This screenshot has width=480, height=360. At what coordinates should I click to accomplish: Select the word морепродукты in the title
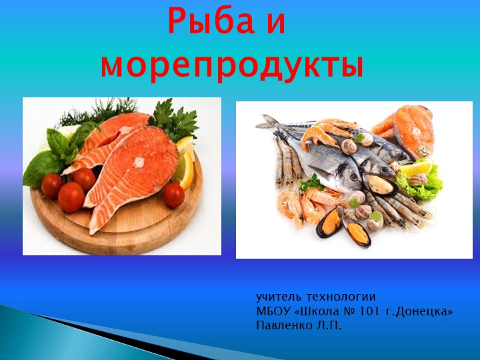pos(232,65)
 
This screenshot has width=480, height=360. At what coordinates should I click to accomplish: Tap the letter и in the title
pos(276,23)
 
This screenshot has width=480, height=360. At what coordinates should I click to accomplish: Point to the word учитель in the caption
pos(275,297)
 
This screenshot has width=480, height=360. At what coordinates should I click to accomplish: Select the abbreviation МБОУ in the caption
pos(271,311)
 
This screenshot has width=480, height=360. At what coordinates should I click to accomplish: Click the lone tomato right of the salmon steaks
pos(174,195)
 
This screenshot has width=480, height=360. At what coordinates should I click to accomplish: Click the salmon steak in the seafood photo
pos(413,130)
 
